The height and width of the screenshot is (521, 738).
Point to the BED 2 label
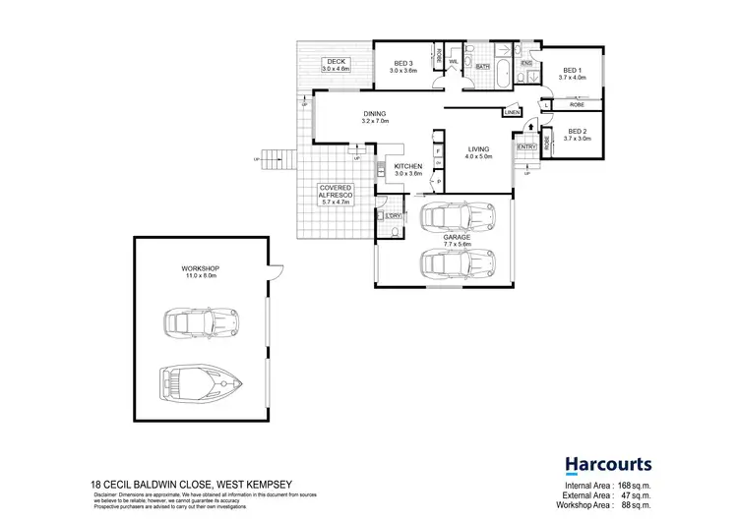(x=576, y=133)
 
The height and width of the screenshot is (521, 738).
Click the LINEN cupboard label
(x=511, y=112)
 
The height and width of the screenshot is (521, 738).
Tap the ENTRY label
(x=527, y=146)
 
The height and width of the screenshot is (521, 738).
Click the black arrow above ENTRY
(x=528, y=126)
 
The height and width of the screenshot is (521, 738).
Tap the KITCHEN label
(x=407, y=166)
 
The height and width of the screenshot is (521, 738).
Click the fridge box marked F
(x=437, y=150)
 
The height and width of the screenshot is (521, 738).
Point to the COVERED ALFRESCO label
(x=335, y=192)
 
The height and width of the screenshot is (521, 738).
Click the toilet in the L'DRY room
(x=394, y=231)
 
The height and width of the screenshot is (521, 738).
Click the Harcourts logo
(x=607, y=464)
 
